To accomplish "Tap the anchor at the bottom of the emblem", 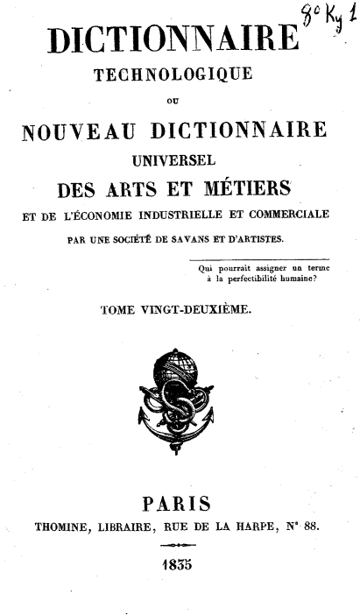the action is point(176,429).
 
